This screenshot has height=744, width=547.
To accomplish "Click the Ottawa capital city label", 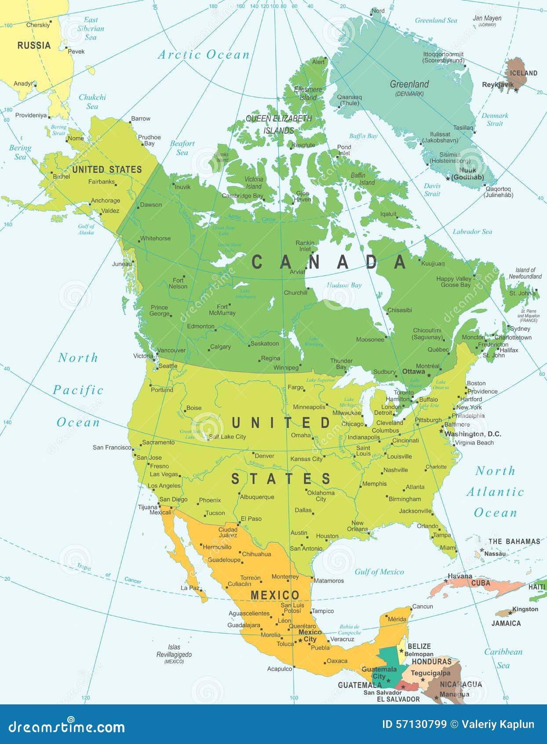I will (x=413, y=372).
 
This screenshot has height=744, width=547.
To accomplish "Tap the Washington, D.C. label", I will (x=473, y=434).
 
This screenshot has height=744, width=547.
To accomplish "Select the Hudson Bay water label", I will (x=344, y=285).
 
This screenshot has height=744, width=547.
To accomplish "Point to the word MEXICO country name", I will (x=275, y=595).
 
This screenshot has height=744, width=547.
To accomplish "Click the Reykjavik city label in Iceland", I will (x=498, y=85).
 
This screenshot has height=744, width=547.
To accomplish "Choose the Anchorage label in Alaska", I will (x=106, y=200).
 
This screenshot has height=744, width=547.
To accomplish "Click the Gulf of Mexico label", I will (x=379, y=572).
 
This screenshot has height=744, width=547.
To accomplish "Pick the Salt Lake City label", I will (x=227, y=437).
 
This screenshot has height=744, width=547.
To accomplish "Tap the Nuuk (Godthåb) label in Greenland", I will (x=468, y=173).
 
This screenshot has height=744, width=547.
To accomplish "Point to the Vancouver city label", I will (x=171, y=350).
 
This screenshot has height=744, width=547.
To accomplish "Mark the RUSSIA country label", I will (x=34, y=45).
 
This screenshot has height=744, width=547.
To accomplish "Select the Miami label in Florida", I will (x=448, y=548).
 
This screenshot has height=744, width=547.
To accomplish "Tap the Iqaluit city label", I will (x=388, y=214).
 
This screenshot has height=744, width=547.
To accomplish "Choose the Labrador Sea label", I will (x=472, y=232).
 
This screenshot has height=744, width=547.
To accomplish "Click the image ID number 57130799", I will (x=414, y=724).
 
